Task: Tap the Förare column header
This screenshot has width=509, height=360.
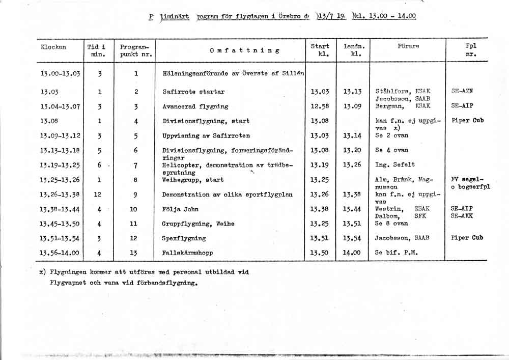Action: coord(408,46)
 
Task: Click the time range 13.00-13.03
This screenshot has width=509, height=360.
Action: coord(60,73)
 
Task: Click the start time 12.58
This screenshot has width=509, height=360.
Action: coord(320,106)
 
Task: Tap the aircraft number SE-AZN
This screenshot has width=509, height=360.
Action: coord(462,92)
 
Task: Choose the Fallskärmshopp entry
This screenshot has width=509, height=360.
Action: coord(187,253)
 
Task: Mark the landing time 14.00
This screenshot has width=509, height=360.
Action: coord(352,253)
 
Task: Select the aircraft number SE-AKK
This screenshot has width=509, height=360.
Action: coord(462,216)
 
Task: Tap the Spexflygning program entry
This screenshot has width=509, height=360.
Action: coord(184,238)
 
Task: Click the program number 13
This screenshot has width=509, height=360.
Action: coord(134,253)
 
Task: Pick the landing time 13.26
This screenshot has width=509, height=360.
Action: coord(352,165)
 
